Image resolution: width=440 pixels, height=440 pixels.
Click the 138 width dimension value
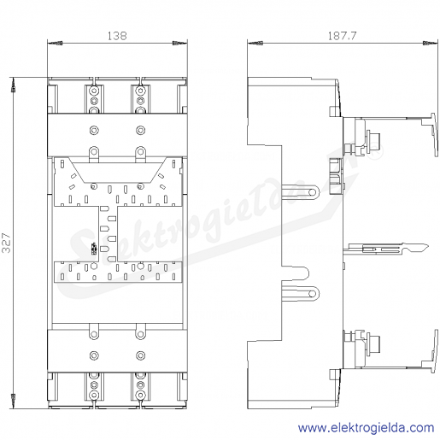point(117,36)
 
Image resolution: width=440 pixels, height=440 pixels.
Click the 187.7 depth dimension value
point(342,36)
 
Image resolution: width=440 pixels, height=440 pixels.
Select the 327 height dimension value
point(6,243)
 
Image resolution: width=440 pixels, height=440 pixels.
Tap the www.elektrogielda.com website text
point(366,428)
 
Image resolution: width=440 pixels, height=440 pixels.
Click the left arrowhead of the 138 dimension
point(55,44)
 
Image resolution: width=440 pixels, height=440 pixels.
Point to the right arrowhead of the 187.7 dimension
point(431,44)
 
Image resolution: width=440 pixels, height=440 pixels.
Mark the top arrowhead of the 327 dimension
point(13,85)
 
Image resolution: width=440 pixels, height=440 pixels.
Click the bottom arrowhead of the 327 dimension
point(13,402)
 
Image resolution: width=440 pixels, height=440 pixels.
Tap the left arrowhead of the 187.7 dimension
point(255,44)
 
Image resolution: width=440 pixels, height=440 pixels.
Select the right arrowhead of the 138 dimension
point(180,44)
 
